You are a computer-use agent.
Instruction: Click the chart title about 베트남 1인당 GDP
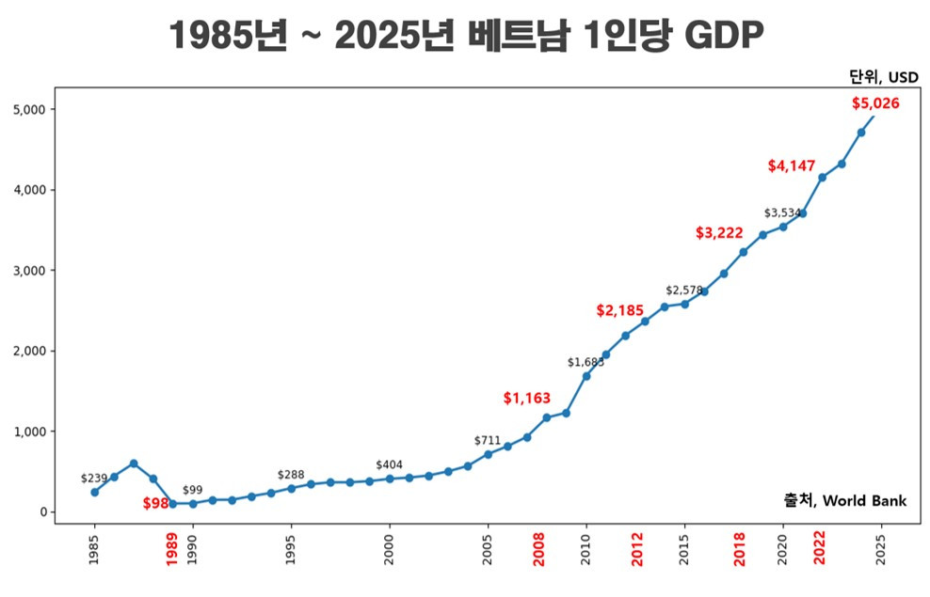coord(465,37)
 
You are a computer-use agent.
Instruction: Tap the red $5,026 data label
coord(875,103)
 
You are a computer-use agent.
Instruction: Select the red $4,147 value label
coord(791,166)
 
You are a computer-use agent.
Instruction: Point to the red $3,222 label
coord(719,233)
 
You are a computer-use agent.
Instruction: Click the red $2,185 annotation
coord(620,310)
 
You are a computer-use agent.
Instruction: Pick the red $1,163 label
coord(526,399)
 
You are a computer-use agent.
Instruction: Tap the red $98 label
coord(155,504)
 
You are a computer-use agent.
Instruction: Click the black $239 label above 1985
coord(94,479)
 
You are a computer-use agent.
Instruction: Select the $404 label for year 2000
coord(389,465)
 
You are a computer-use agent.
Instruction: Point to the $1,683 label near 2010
coord(585,362)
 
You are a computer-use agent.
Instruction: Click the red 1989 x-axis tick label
coord(172,551)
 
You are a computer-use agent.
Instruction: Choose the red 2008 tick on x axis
coord(538,551)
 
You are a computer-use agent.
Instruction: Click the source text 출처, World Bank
coord(844,501)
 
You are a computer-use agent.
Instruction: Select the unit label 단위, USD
coord(883,77)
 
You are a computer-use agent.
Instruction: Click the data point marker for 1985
coord(94,492)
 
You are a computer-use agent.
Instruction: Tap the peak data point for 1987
coord(134,463)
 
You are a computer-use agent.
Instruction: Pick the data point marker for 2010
coord(586,376)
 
